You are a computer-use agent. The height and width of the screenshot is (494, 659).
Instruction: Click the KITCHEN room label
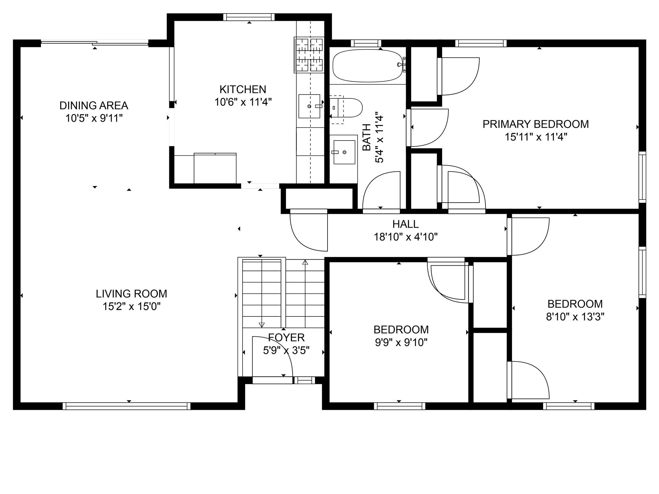tap(243, 89)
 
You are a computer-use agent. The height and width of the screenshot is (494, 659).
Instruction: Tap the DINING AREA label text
tap(94, 105)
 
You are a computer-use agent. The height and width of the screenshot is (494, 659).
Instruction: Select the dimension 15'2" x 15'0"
tap(131, 306)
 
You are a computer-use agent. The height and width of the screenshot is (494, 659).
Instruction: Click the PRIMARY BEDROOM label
tap(535, 124)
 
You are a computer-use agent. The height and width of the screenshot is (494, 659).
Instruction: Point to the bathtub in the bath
tap(367, 66)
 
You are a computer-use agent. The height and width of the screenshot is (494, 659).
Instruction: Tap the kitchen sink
tap(309, 106)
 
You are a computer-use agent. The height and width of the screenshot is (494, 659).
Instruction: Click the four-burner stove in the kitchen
tap(309, 55)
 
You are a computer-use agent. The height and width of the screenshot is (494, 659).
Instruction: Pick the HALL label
tap(405, 224)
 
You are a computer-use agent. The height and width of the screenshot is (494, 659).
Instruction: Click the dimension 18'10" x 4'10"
tap(405, 237)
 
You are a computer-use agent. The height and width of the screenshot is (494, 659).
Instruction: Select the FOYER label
tap(286, 337)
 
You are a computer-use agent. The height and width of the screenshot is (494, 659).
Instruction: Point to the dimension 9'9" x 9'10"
tap(401, 343)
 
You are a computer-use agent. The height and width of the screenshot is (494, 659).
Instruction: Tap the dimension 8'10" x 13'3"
tap(575, 317)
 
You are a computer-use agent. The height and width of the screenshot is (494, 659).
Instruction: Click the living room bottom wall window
tap(126, 406)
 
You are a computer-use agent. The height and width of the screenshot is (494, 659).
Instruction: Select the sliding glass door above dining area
tap(95, 42)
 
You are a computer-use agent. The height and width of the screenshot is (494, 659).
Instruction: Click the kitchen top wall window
tap(249, 17)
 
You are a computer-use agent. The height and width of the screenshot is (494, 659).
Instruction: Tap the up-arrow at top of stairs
tap(305, 262)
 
